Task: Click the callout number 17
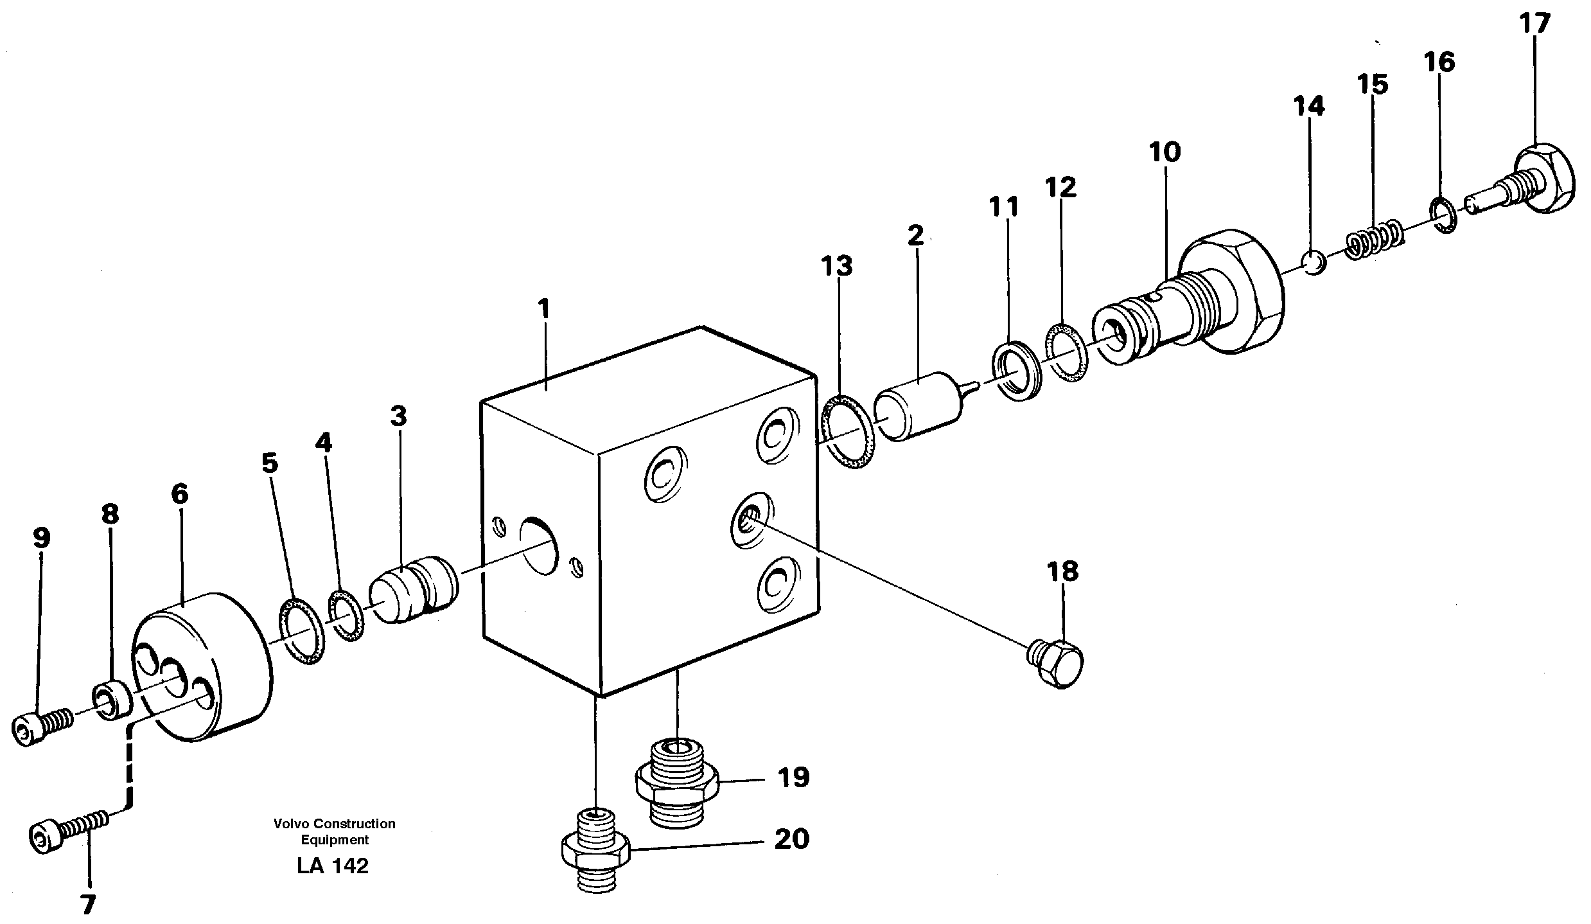(1534, 24)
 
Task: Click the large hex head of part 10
(1230, 293)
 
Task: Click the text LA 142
(333, 866)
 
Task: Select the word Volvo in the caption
(287, 824)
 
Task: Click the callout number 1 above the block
(544, 309)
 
